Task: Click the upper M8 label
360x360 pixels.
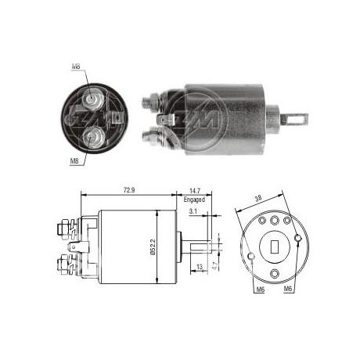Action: click(76, 67)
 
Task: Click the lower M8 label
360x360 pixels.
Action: click(74, 161)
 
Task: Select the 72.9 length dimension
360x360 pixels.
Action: click(129, 190)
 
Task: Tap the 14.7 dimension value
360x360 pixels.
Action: click(195, 191)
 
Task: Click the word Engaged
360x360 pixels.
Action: click(194, 200)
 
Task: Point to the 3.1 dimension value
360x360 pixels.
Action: click(193, 211)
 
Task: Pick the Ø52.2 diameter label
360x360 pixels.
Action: click(153, 247)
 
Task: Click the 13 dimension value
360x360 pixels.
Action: click(200, 267)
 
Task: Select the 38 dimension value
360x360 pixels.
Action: click(258, 199)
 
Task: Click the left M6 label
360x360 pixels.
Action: click(261, 289)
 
